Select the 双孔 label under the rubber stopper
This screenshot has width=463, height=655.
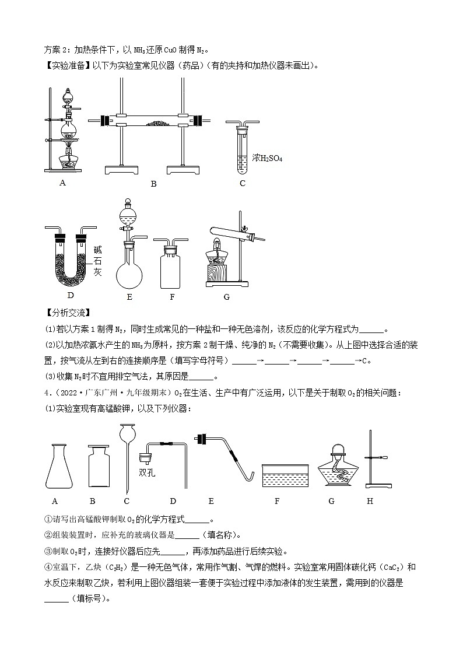[x=146, y=473]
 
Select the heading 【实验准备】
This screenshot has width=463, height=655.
[x=65, y=66]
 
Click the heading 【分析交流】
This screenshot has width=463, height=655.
[x=65, y=315]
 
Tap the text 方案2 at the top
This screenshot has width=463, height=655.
[x=57, y=50]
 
